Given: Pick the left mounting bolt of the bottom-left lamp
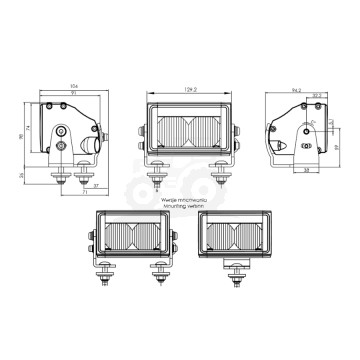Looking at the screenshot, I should [102, 281].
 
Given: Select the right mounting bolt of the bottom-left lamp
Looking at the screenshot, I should [158, 281].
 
